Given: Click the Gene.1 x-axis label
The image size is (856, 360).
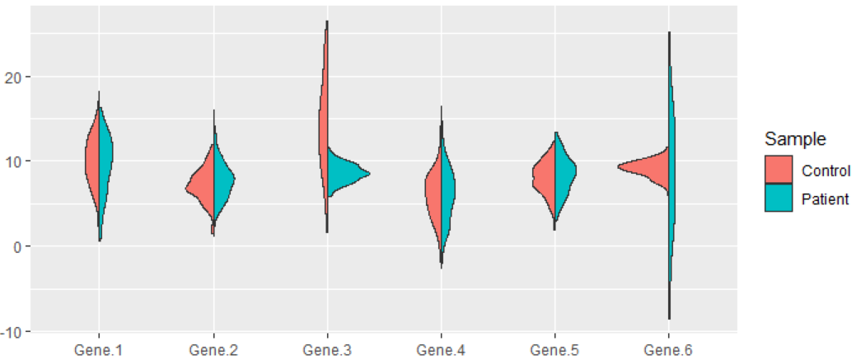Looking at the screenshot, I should click(99, 349).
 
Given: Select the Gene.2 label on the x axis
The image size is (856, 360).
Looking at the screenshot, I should click(213, 349).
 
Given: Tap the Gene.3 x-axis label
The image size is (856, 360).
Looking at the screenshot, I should click(327, 349).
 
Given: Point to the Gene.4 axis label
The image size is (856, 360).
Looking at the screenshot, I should click(441, 349).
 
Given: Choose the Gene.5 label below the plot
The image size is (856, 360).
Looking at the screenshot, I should click(554, 349).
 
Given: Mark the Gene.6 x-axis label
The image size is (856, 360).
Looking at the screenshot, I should click(668, 349).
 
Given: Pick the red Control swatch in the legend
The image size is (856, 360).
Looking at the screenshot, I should click(779, 169).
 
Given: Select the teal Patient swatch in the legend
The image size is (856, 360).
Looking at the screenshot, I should click(779, 198).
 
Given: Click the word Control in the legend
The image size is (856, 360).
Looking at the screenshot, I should click(826, 170).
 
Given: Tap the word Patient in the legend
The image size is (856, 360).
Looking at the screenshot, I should click(825, 199).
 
